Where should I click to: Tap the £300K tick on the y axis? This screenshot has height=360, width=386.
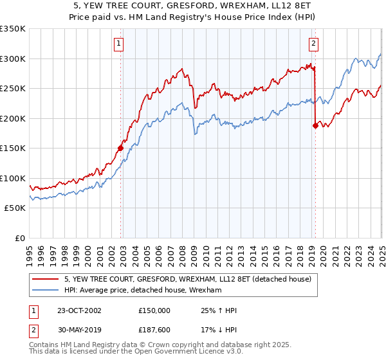(x=13, y=59)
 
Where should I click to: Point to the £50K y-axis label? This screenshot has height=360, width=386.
(x=15, y=208)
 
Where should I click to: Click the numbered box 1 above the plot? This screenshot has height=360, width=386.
(x=120, y=44)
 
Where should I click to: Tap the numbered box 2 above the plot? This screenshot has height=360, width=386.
(x=313, y=44)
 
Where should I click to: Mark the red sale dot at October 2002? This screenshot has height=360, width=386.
(x=121, y=148)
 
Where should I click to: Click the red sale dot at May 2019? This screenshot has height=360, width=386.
(x=315, y=125)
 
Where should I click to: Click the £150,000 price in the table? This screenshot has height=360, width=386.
(x=154, y=310)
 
